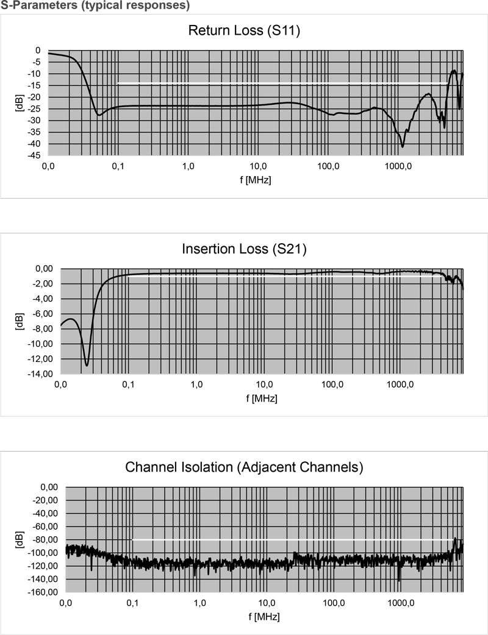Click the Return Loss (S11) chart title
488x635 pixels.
click(x=243, y=30)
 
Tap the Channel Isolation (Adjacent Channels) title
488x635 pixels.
click(x=244, y=467)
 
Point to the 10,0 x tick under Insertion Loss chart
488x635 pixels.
click(x=265, y=385)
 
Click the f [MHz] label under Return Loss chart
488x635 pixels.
click(x=256, y=180)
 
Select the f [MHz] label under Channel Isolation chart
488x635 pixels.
click(x=264, y=616)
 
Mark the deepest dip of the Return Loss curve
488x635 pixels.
click(x=403, y=146)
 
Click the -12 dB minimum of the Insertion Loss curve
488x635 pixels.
click(x=87, y=365)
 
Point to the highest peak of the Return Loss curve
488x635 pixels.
click(x=453, y=71)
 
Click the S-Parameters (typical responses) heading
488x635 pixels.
click(x=95, y=7)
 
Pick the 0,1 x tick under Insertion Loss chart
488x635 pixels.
click(x=128, y=385)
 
